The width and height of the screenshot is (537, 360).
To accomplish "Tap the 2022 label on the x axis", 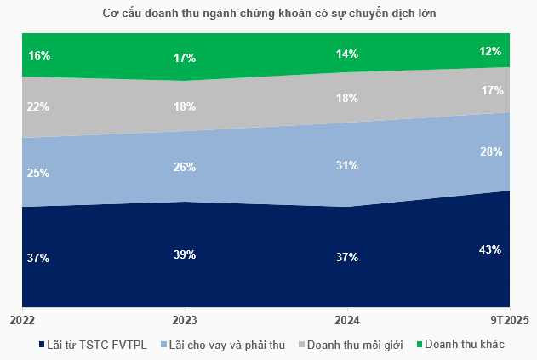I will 22,320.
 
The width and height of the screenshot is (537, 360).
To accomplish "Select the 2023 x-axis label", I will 185,320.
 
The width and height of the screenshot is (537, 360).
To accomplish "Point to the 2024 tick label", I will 347,320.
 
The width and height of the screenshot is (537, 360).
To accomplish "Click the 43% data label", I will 489,249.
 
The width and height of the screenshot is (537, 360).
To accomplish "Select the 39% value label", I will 185,254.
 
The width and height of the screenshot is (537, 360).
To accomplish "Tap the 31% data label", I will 347,166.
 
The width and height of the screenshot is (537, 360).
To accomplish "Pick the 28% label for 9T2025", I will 489,151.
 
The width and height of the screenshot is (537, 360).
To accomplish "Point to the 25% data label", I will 39,173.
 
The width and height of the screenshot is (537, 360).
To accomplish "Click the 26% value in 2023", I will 185,167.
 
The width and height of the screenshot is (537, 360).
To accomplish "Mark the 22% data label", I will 39,106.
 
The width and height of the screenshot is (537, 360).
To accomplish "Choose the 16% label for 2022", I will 39,55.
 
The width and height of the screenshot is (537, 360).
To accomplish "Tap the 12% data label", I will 489,50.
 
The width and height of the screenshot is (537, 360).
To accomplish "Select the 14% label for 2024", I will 347,54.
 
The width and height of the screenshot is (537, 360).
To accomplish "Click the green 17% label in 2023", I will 185,58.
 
